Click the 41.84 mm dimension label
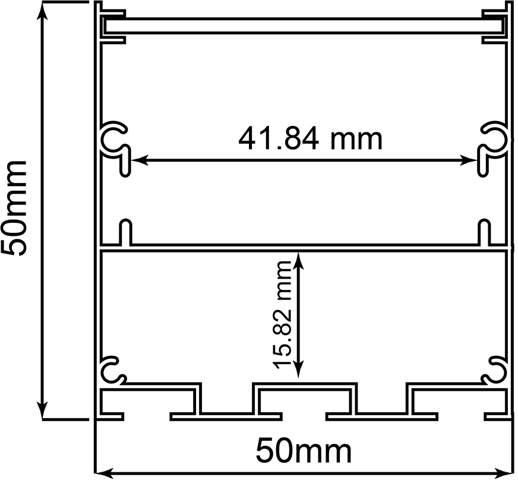click(310, 139)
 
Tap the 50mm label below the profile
click(304, 451)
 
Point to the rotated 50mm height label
click(14, 208)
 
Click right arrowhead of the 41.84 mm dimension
click(469, 161)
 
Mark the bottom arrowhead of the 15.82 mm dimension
click(299, 370)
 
